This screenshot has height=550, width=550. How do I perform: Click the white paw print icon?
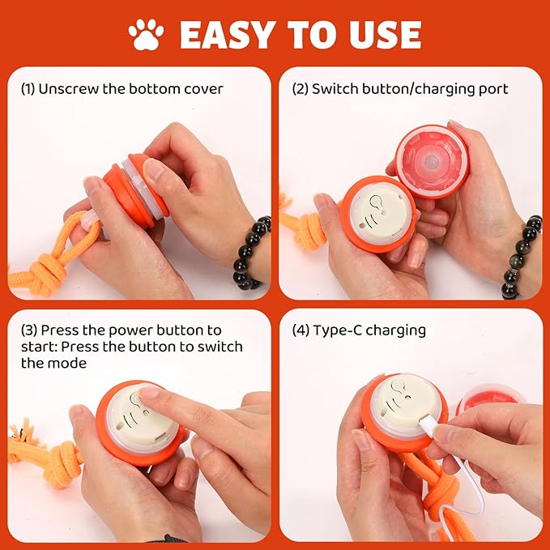click(146, 34)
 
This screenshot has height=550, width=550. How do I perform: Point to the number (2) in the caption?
click(300, 88)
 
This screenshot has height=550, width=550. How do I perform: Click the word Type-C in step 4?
click(333, 330)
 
